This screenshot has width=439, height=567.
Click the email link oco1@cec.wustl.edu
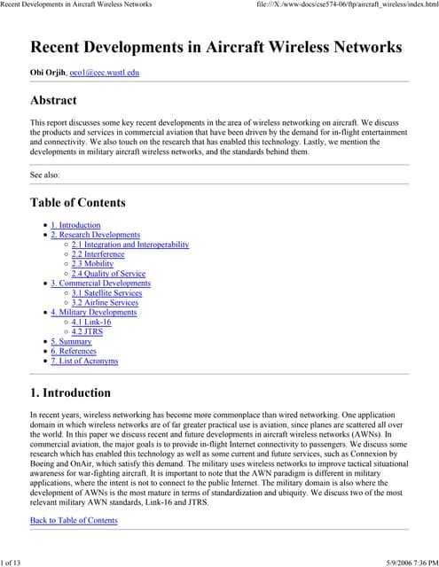[x=104, y=73]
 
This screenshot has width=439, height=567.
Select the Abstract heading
[x=53, y=100]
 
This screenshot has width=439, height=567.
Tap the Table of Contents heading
[x=78, y=202]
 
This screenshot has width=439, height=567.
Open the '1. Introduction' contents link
[x=75, y=225]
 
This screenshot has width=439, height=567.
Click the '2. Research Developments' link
[x=95, y=235]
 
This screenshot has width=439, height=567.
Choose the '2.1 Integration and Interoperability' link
[x=130, y=245]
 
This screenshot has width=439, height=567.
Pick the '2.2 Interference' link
[x=98, y=254]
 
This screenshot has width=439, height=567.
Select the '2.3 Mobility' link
[x=92, y=264]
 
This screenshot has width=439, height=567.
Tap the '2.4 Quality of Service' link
[x=108, y=274]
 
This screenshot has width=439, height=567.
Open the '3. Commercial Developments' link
[x=100, y=283]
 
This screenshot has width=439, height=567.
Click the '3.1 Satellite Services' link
[x=106, y=293]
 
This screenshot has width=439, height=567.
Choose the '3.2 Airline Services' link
[x=105, y=303]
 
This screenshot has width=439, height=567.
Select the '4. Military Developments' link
[x=93, y=312]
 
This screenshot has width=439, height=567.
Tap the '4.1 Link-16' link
[x=91, y=322]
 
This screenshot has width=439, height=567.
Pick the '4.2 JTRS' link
[x=87, y=332]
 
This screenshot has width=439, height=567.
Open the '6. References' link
[x=74, y=351]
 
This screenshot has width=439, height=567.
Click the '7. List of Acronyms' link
[x=84, y=361]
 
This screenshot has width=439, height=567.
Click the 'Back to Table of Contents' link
[x=74, y=520]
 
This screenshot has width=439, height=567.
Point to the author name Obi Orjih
[x=48, y=73]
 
